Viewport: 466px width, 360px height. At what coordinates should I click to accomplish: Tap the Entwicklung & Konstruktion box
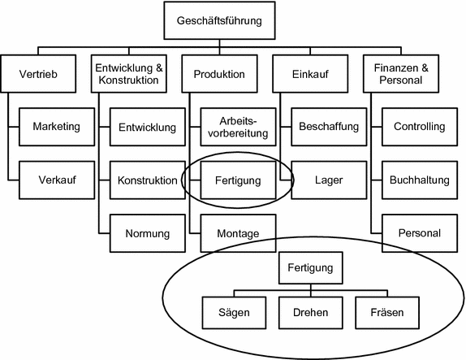pos(129,74)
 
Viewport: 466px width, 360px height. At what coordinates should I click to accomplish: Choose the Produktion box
pos(219,74)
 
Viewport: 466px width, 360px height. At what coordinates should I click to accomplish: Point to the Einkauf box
pos(309,74)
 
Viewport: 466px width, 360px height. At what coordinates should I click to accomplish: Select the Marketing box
pos(56,127)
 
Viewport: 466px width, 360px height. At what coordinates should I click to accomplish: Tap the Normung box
pos(147,234)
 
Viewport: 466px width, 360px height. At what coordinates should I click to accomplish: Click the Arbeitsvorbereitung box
pos(238,127)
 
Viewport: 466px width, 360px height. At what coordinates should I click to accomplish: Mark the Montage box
pos(238,234)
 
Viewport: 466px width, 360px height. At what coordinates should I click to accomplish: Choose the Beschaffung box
pos(328,127)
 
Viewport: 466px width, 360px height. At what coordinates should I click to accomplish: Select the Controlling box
pos(418,127)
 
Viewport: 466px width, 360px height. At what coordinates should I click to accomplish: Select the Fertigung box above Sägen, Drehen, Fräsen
pos(309,267)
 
